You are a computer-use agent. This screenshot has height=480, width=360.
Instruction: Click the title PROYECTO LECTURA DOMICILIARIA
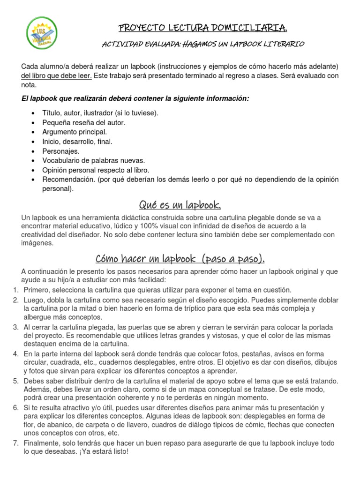[x=202, y=29]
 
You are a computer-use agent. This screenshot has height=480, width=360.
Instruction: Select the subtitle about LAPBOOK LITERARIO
[x=203, y=44]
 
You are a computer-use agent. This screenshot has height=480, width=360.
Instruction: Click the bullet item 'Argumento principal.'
[x=75, y=132]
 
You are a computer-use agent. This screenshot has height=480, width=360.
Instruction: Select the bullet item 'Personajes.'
[x=61, y=151]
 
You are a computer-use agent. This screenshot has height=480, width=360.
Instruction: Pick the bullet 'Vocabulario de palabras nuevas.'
[x=94, y=160]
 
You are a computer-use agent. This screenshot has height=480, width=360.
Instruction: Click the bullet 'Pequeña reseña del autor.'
[x=84, y=122]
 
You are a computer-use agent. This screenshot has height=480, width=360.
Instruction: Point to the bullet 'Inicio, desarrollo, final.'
[x=77, y=142]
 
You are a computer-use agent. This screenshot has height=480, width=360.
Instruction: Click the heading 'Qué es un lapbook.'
[x=180, y=205]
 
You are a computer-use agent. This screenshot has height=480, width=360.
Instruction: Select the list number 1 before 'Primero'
[x=15, y=290]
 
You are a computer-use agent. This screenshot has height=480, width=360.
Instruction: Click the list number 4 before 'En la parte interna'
[x=15, y=353]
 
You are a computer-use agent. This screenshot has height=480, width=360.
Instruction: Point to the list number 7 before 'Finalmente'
[x=15, y=443]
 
